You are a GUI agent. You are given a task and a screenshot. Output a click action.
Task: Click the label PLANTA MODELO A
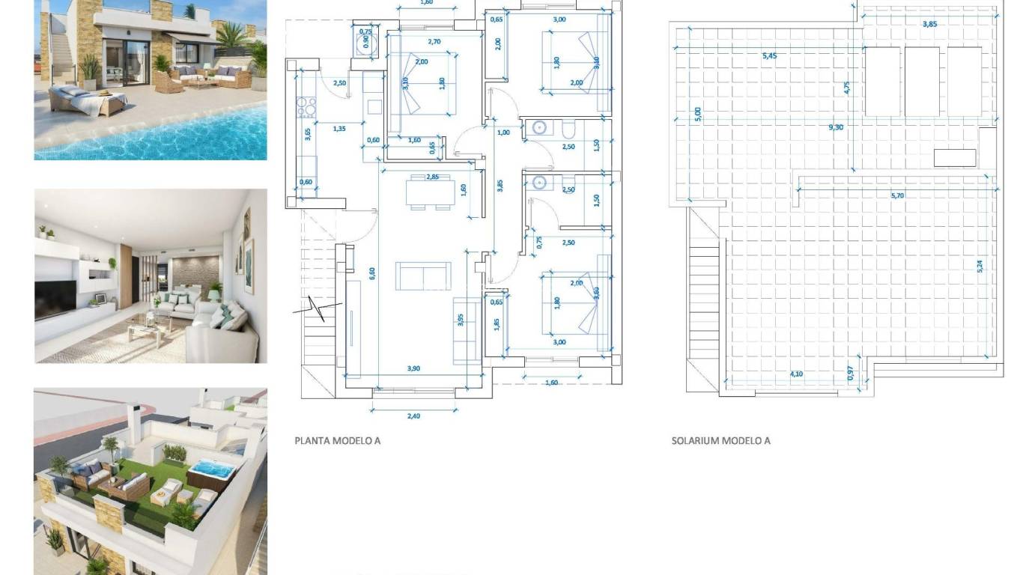coord(337,440)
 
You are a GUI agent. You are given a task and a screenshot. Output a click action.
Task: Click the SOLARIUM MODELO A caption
coord(720,440)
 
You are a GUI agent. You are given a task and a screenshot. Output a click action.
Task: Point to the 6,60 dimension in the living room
coord(372,274)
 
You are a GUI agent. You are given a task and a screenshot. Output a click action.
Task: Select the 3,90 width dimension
coord(413,368)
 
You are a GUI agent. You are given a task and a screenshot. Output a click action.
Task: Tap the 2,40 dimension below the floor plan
coord(413,416)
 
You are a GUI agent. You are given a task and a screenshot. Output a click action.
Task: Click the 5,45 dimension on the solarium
coord(769,56)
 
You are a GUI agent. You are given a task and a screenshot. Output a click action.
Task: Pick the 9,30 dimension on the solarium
coord(836,127)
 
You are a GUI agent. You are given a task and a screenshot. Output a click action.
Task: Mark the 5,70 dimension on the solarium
coord(897,196)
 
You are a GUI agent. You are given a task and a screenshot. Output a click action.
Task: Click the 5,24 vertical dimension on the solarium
coord(980,266)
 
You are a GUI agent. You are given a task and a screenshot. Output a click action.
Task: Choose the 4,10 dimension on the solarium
coord(797,374)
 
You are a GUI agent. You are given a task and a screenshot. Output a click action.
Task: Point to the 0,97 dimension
coord(850,372)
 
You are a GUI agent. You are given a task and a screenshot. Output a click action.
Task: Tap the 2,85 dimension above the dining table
coord(432,177)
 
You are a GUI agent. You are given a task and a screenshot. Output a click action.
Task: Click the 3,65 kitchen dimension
coord(308,135)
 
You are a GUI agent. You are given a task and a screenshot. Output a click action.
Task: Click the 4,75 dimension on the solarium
coord(847,87)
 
